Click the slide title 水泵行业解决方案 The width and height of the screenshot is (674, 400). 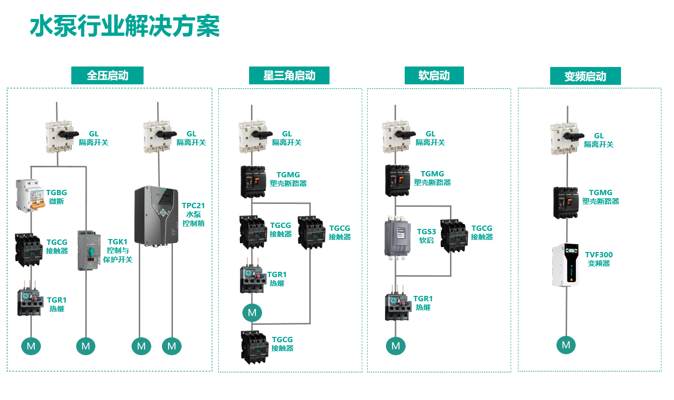pos(125,26)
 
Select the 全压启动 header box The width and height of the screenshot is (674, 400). pos(107,76)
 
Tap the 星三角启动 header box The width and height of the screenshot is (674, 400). pos(289,76)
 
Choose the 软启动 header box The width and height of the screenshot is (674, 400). pos(434,76)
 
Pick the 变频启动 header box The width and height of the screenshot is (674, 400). pos(585,76)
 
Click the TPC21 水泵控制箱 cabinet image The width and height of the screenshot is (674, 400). pos(157,216)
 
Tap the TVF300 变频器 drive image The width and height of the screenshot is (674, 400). pos(565,265)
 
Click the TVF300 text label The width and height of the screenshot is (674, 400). pos(599,255)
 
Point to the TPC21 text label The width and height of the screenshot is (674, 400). pos(193,206)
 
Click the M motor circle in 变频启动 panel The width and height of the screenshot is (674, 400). pos(566,345)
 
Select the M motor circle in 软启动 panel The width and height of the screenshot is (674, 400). pos(396,346)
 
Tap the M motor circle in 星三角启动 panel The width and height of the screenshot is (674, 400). pos(252,313)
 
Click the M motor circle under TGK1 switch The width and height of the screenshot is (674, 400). pos(86,346)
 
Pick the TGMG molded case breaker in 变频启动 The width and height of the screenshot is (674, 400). pos(565,202)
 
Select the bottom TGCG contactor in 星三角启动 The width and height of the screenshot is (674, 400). pos(254,346)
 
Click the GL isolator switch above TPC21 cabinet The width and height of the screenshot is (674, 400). pos(158,137)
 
